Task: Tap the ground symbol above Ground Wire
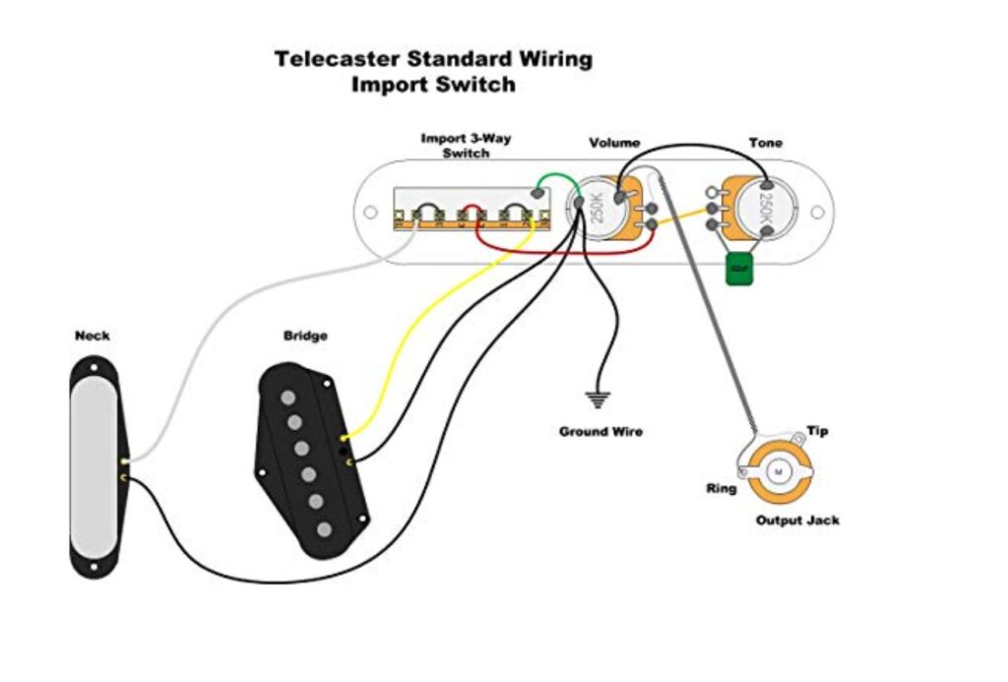[597, 400]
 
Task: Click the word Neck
[93, 336]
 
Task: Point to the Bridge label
[305, 336]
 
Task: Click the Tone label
[765, 143]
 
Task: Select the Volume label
[614, 143]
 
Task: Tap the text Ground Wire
[600, 431]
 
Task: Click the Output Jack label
[797, 520]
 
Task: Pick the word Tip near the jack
[817, 431]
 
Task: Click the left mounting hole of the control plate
[370, 212]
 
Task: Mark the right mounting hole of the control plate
[815, 212]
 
